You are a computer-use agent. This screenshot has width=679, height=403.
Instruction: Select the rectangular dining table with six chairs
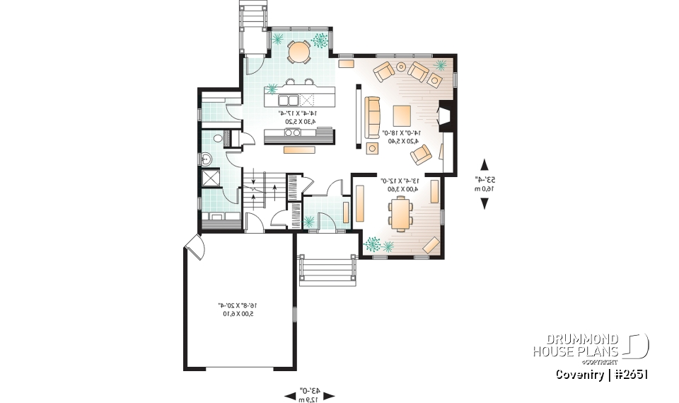click(x=400, y=212)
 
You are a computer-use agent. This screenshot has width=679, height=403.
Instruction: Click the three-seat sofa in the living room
click(x=372, y=118)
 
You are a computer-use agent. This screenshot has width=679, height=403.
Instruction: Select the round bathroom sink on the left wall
click(x=207, y=157)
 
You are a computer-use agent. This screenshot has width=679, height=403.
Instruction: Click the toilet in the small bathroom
click(x=219, y=138)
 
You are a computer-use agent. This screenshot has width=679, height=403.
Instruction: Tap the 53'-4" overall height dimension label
click(x=484, y=183)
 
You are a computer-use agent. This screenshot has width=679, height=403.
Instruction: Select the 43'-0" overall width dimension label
click(x=309, y=395)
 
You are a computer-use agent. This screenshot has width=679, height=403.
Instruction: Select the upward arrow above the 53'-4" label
click(x=484, y=163)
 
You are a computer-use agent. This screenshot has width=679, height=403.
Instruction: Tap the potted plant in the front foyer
click(x=309, y=221)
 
